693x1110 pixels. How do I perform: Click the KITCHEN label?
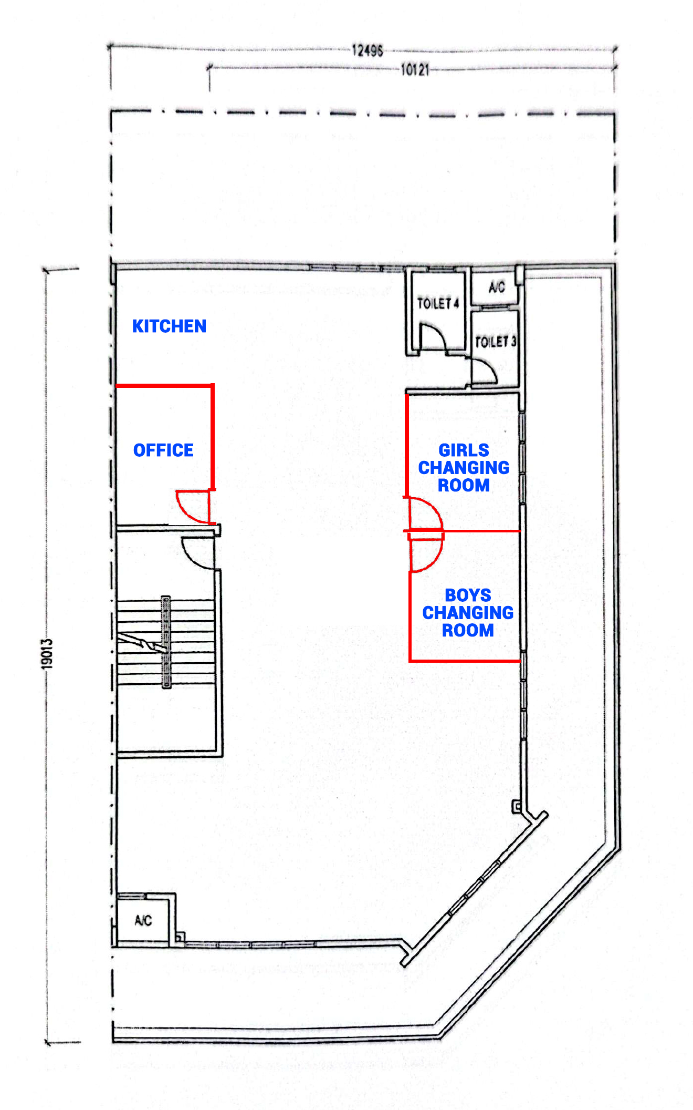[169, 326]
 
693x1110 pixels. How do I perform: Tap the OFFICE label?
[163, 450]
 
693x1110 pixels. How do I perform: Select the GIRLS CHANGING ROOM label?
[464, 468]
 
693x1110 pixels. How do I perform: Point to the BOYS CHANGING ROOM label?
[468, 613]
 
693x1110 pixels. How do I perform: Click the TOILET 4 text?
[438, 303]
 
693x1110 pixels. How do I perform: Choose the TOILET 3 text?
[496, 342]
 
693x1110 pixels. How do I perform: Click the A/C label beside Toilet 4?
[497, 287]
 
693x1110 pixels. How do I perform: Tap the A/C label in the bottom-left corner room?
[143, 921]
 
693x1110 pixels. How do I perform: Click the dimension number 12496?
[367, 50]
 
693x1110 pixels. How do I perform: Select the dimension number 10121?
[415, 69]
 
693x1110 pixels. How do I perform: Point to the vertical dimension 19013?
[47, 654]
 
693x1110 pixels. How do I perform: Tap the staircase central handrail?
[166, 642]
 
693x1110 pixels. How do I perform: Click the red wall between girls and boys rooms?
[465, 531]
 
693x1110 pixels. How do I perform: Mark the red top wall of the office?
[164, 386]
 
